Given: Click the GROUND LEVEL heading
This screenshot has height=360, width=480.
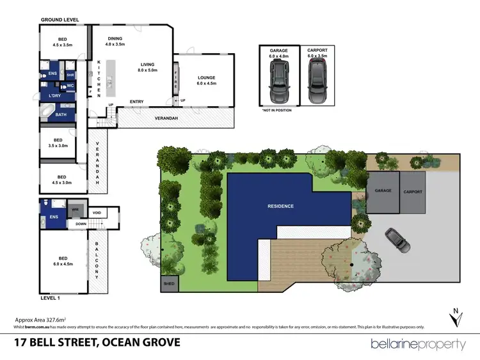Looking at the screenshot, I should tap(60, 20).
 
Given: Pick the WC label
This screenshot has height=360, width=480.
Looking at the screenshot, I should tap(71, 85).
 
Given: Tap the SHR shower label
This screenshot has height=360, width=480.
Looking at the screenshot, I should tap(70, 75).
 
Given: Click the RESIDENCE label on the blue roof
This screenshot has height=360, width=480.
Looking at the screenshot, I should tap(281, 206).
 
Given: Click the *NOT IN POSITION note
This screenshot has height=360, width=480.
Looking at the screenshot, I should tap(276, 111).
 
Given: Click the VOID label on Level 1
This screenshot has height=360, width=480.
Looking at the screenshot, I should tap(97, 213).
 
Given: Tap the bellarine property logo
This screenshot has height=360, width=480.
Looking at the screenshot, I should tap(419, 344).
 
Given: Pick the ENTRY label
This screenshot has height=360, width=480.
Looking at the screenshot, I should tap(136, 102).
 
